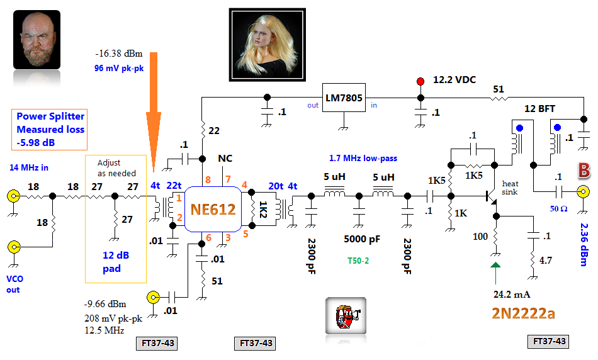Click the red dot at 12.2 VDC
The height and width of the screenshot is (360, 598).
tap(420, 81)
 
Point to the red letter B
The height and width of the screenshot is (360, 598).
tap(584, 170)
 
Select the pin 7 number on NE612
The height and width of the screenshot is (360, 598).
tap(228, 180)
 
